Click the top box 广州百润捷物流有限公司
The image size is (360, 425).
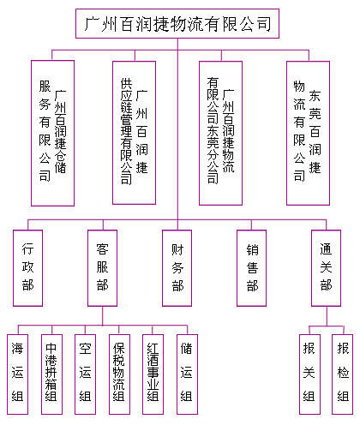coord(177,23)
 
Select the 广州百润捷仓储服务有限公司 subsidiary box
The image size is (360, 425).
coord(52,133)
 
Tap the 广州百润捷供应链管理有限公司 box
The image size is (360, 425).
coord(134,133)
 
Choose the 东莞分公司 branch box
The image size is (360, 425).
coord(220,133)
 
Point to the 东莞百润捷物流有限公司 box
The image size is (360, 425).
coord(308,133)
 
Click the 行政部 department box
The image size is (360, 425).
coord(27,268)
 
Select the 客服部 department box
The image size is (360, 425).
coord(102,268)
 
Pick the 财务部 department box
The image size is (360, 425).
coord(177,268)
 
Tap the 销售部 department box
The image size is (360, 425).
coord(251,268)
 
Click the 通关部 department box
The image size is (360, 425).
coord(326,268)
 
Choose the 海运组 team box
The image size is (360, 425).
coord(17,374)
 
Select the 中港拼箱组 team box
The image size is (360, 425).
coord(51,374)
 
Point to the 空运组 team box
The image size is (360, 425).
coord(85,374)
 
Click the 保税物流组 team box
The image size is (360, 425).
coord(119,374)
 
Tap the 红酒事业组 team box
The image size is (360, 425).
coord(153,374)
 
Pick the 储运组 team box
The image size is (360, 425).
coord(187,374)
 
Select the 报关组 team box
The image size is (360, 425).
coord(309,374)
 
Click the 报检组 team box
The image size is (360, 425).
coord(342,374)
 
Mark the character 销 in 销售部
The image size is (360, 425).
coord(252,249)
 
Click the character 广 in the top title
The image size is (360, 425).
coord(92,24)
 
